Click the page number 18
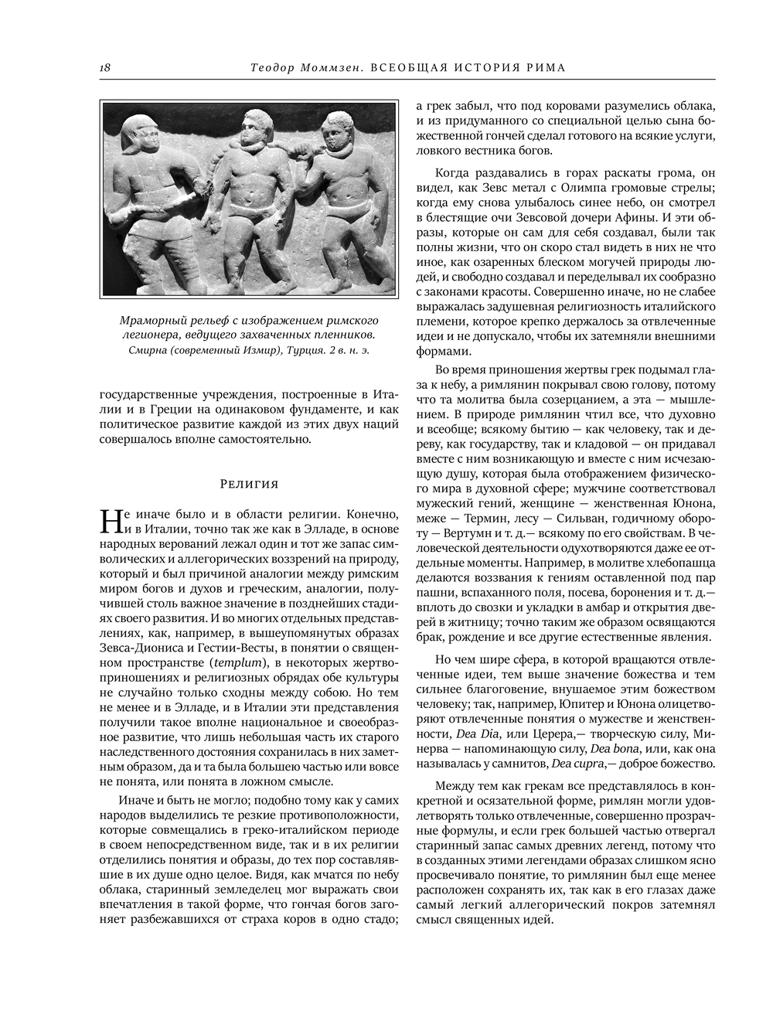coord(104,67)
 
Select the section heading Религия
coord(249,485)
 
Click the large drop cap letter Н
coord(111,522)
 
